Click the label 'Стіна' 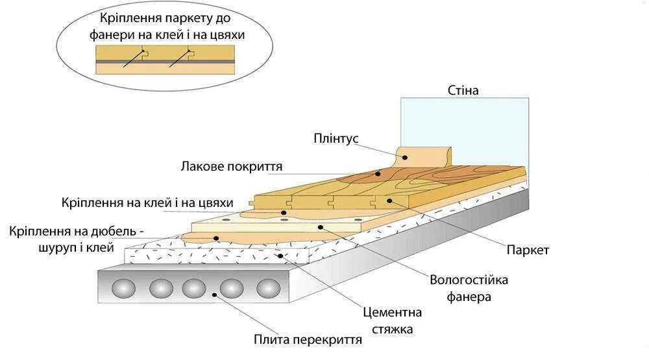click(x=463, y=90)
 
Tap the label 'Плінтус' click(x=336, y=139)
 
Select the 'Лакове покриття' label click(x=231, y=167)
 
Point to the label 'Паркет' click(x=528, y=250)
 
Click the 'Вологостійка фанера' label click(x=469, y=289)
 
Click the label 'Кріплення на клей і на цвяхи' click(x=147, y=203)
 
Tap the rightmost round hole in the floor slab click(x=267, y=288)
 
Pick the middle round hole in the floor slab click(x=194, y=288)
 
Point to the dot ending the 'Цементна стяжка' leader click(x=280, y=256)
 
